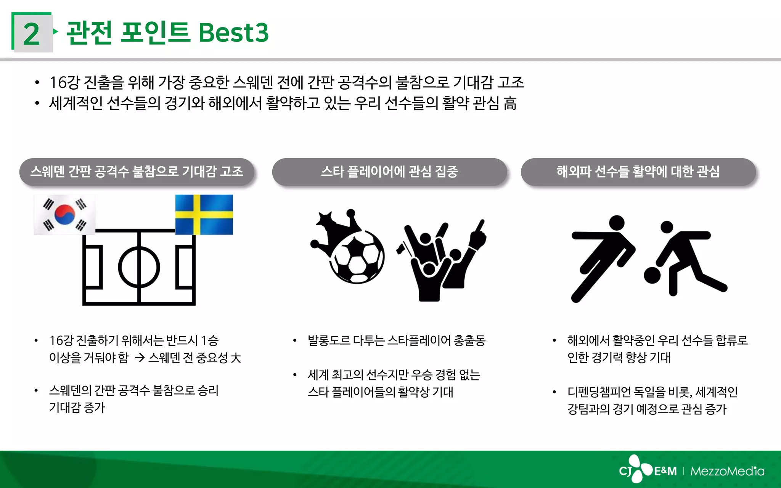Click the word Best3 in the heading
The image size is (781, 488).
[233, 33]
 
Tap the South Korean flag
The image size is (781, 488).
[64, 215]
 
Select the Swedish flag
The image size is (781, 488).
[204, 214]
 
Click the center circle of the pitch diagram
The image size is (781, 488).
[139, 267]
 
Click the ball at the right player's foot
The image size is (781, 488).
[652, 275]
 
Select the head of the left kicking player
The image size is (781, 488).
[617, 223]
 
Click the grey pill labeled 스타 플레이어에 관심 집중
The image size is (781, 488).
[389, 172]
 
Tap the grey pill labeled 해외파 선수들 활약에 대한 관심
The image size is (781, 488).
[638, 172]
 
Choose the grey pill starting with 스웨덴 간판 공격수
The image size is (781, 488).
[137, 172]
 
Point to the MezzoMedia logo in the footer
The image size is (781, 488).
[727, 471]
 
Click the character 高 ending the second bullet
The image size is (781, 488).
[510, 103]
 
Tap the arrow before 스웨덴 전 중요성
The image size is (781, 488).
[140, 358]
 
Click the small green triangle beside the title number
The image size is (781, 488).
[56, 31]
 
